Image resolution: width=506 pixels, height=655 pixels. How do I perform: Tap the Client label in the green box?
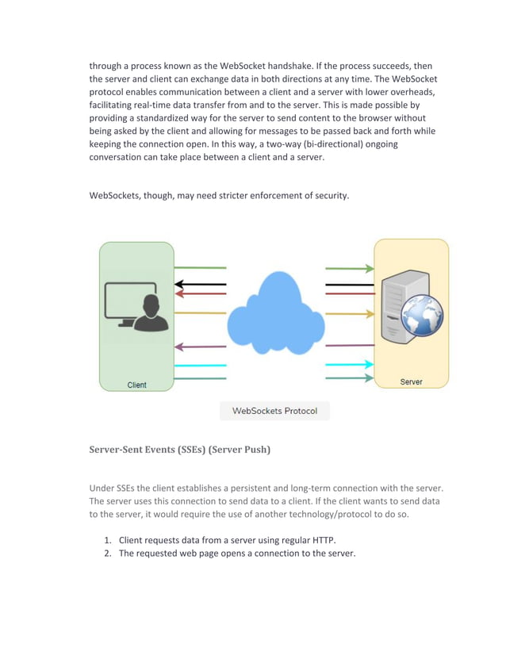point(137,385)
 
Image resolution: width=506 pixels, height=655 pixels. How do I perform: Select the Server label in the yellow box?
point(411,381)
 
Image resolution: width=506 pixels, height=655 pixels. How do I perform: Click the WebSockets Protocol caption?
point(274,411)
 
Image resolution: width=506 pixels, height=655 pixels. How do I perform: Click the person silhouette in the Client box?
point(149,313)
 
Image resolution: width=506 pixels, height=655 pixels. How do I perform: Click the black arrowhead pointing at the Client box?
point(180,284)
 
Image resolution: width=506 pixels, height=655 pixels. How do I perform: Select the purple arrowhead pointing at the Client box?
point(180,346)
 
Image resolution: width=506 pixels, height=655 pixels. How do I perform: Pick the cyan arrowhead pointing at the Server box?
point(369,365)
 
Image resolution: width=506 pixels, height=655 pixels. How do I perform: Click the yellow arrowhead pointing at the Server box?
point(369,314)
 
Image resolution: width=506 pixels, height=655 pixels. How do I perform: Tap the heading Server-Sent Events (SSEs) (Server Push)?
point(179,450)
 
